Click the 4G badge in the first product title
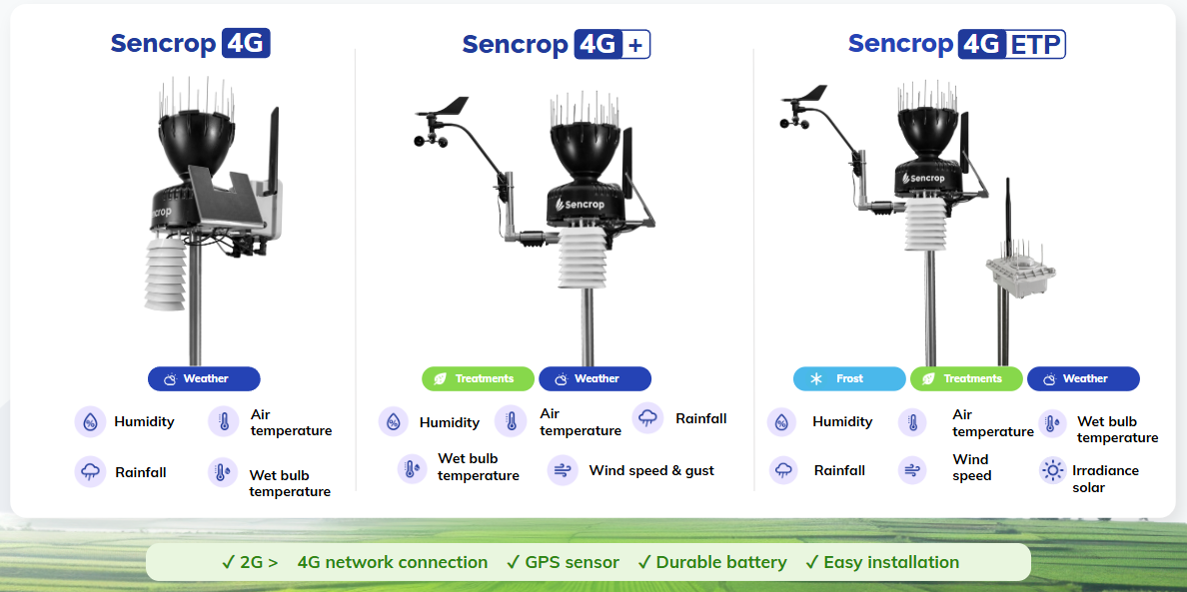point(246,43)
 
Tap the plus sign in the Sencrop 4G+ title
point(635,45)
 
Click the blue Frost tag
point(849,378)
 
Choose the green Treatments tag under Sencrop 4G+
point(479,378)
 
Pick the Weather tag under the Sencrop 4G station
point(204,378)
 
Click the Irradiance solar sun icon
point(1052,470)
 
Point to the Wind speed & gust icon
point(563,470)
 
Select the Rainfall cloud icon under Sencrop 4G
point(90,471)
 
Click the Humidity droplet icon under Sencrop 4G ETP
point(782,421)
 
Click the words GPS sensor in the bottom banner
point(572,562)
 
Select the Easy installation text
point(891,562)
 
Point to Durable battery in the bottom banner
point(720,562)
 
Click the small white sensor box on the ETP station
point(1019,271)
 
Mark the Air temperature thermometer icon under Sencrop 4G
point(224,421)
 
